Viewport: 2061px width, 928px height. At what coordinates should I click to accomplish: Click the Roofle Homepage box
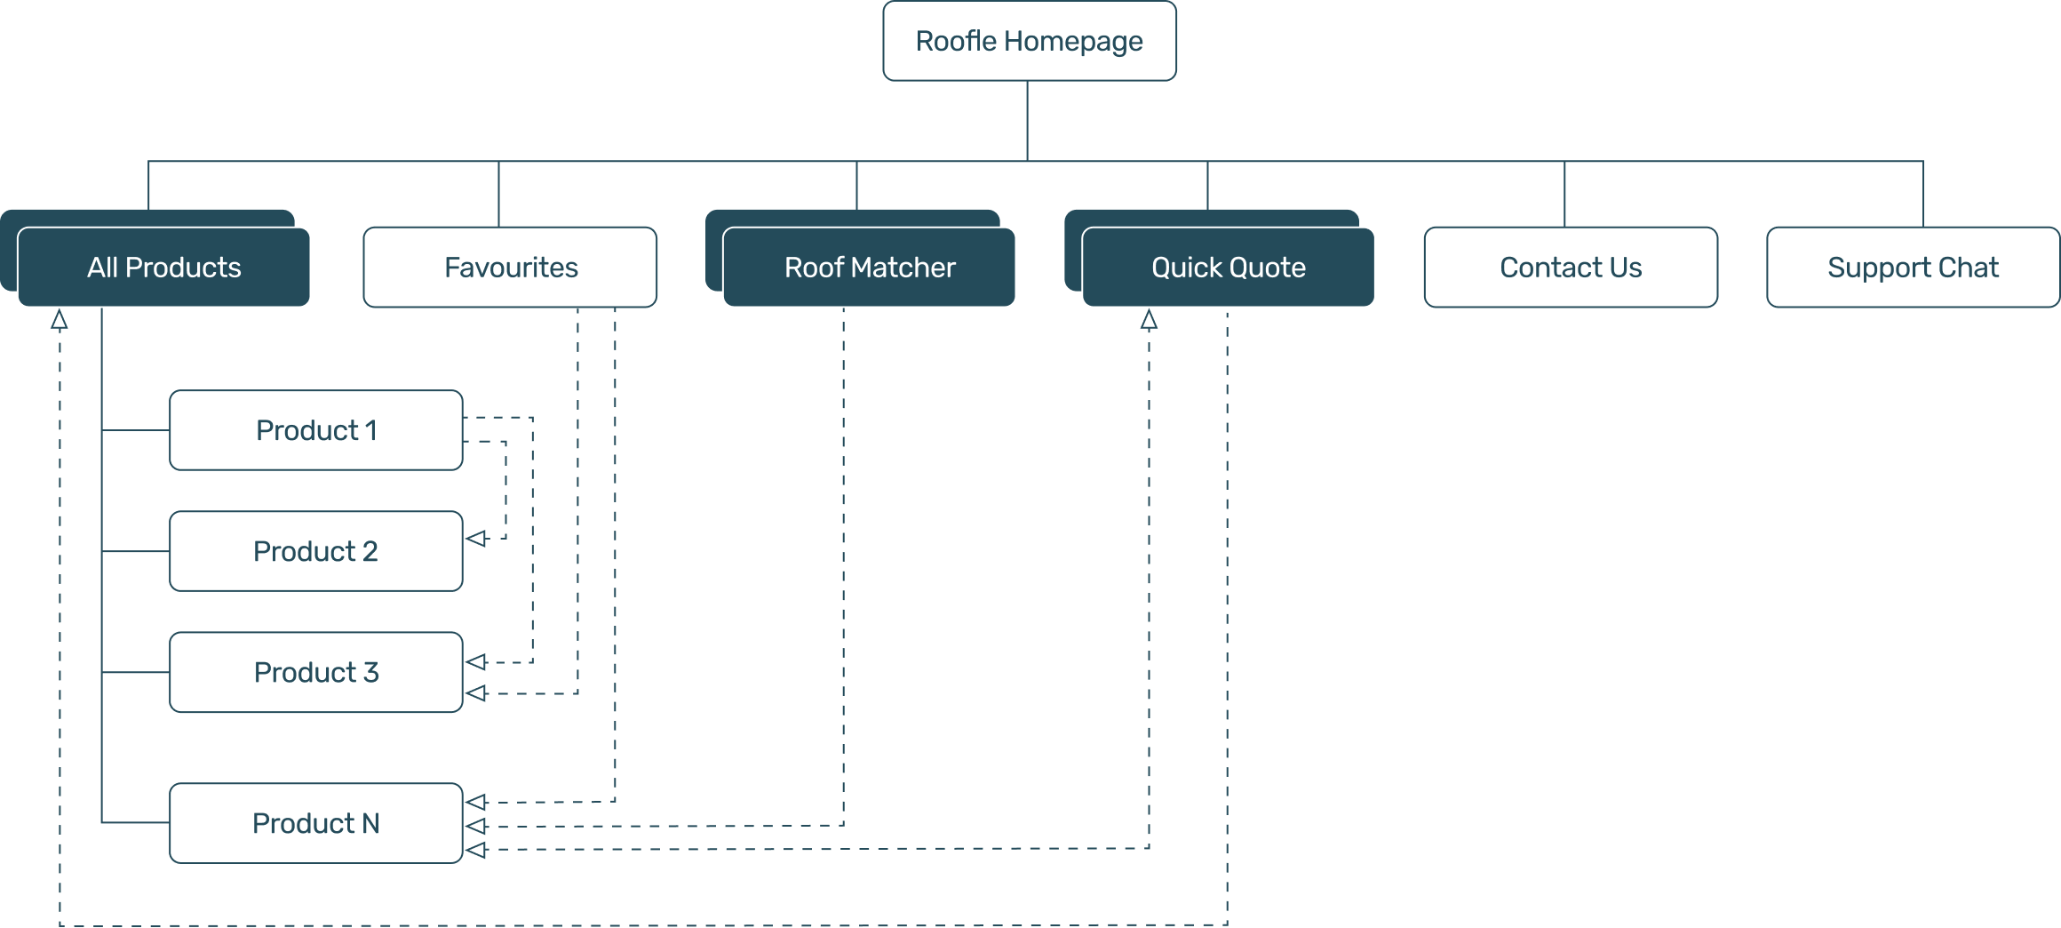1029,41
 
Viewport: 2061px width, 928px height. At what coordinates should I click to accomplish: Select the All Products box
164,268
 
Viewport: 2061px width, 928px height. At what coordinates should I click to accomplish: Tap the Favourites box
510,268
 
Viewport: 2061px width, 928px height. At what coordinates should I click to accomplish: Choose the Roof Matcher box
869,268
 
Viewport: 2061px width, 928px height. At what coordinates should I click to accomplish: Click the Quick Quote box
1228,268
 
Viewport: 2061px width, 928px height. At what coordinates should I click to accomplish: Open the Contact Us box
1570,268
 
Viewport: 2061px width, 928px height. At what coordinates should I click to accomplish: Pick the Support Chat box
1913,268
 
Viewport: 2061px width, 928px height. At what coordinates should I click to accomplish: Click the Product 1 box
316,430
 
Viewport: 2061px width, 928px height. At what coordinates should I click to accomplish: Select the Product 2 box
316,551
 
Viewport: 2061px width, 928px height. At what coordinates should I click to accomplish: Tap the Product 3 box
316,672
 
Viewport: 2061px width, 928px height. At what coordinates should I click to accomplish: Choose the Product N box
316,823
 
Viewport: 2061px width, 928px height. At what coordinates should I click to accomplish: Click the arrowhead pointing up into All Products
60,320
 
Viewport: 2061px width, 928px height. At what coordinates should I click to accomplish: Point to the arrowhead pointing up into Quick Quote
1149,320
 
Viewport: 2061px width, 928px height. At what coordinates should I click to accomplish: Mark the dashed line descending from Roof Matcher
843,569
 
